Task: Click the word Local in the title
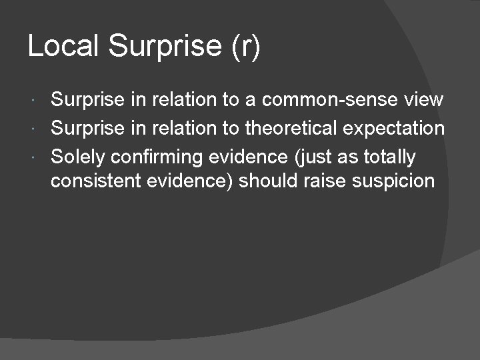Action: pos(63,47)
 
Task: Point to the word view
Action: pos(423,100)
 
